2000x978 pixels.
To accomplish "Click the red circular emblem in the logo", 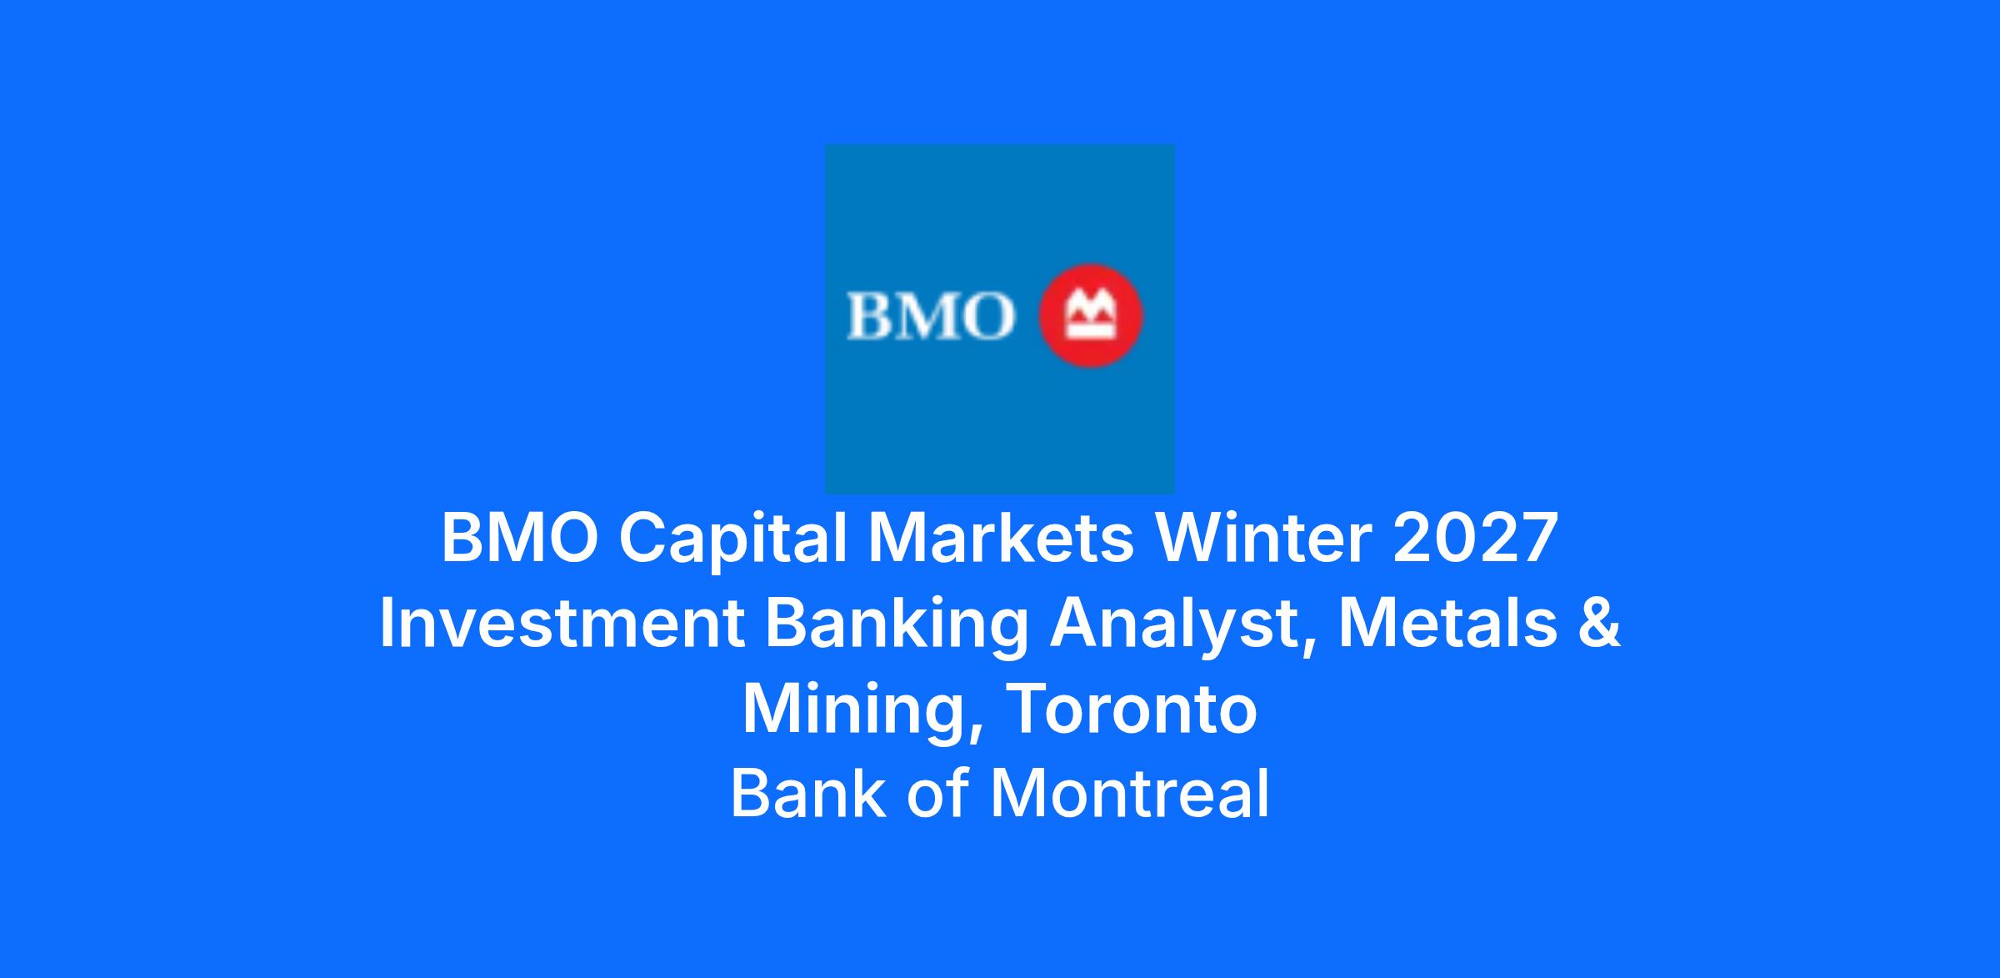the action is (x=1090, y=316).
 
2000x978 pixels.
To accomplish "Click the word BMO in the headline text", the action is (x=520, y=538).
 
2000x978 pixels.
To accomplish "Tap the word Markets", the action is (x=1000, y=538).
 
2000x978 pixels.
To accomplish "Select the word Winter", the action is (x=1262, y=538).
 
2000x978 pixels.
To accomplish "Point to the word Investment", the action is (x=562, y=624).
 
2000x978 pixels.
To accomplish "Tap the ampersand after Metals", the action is (x=1600, y=624).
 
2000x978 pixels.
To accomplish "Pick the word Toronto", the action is (x=1132, y=710).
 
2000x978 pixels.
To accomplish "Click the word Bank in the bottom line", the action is (x=808, y=793).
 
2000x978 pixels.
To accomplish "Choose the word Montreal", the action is (x=1130, y=793).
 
